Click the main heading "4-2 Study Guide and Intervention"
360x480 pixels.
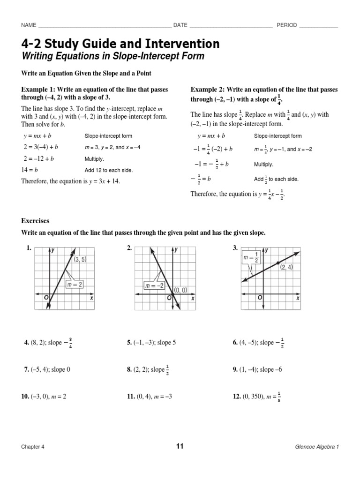pos(120,44)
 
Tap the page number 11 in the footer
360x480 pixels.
pos(180,446)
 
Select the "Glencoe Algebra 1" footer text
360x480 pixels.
pos(314,447)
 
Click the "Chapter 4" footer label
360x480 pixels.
pos(32,447)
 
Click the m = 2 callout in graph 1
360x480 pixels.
pos(74,285)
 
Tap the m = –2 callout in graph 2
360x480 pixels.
pos(153,285)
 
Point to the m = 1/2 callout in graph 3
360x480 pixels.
pos(251,258)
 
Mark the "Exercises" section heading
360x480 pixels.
pos(35,220)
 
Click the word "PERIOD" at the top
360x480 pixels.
pos(286,25)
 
